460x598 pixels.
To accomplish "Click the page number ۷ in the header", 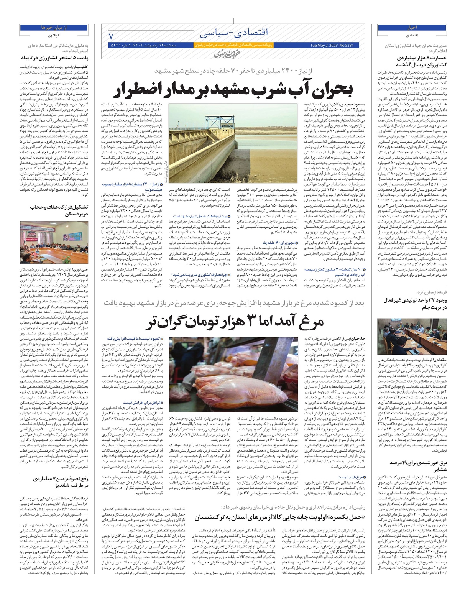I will (112, 37).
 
